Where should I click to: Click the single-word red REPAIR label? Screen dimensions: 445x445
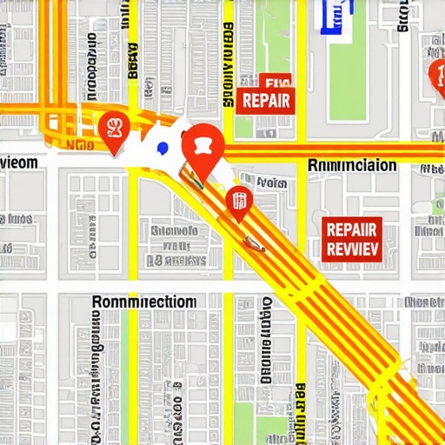point(266,100)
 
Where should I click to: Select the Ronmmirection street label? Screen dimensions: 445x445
point(143,302)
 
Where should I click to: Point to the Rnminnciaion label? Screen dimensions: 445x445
point(352,165)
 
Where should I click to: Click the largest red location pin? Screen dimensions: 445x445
point(203,143)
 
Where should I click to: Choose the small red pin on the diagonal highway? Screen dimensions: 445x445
point(239,203)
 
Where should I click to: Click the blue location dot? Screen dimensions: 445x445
point(161,148)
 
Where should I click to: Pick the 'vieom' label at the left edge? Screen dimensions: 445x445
point(19,163)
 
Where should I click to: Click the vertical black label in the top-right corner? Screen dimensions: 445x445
point(402,16)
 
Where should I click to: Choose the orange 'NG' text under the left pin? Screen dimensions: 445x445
point(80,146)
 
